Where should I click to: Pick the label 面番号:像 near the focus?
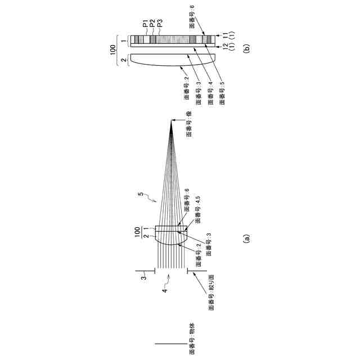click(190, 124)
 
